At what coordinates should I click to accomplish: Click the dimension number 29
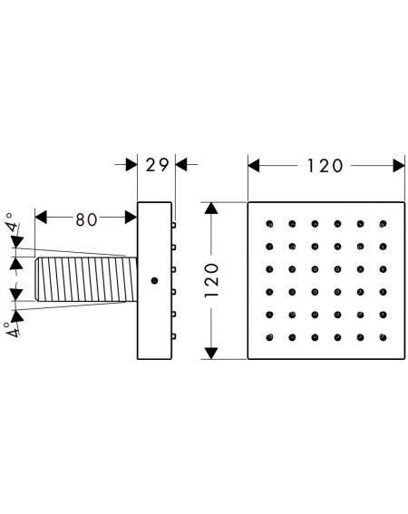pos(157,165)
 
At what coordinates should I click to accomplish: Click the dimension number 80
pos(86,219)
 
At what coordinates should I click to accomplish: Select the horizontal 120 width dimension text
pos(325,166)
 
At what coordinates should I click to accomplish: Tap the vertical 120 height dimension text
pos(211,280)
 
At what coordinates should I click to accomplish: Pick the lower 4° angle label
pos(12,330)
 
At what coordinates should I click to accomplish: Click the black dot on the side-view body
pos(154,281)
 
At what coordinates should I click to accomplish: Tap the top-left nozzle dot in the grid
pos(269,224)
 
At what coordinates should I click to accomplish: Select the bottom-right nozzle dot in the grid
pos(383,337)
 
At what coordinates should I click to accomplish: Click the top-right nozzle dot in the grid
pos(383,224)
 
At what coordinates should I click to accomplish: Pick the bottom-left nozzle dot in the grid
pos(269,337)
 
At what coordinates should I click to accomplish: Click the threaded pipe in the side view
pos(86,279)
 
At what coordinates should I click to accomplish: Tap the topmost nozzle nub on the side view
pos(173,225)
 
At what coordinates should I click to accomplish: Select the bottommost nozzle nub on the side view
pos(173,336)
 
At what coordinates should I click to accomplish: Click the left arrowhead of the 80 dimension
pos(41,218)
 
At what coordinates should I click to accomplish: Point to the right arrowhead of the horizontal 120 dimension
pos(399,166)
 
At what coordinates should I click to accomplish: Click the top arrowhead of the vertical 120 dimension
pos(211,209)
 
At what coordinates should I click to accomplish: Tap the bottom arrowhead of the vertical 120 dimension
pos(211,354)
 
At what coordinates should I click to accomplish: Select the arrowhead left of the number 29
pos(131,164)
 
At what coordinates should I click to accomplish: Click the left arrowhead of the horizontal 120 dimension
pos(254,166)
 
